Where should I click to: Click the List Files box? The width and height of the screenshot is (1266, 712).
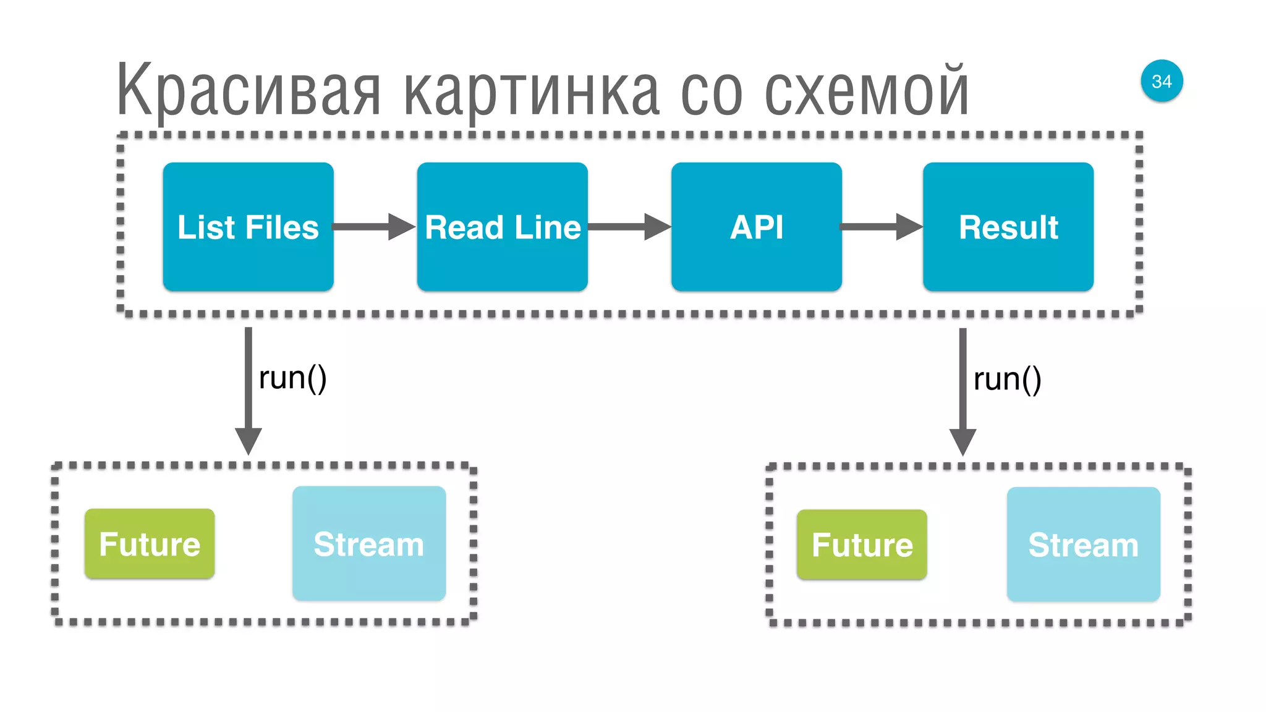tap(248, 227)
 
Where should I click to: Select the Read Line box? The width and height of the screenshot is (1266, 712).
tap(502, 227)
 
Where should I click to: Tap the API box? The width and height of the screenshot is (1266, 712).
tap(756, 227)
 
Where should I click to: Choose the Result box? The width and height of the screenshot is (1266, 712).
tap(1008, 227)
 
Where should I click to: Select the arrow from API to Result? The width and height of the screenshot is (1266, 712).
tap(881, 227)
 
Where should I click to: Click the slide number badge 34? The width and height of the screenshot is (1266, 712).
tap(1162, 81)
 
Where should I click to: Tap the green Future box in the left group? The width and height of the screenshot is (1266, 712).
tap(150, 544)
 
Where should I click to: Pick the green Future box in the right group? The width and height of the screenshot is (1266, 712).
tap(862, 545)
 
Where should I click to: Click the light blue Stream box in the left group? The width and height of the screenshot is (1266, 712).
tap(369, 543)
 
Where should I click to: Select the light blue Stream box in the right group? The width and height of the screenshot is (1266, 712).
tap(1083, 545)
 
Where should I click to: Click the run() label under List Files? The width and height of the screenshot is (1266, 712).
tap(292, 378)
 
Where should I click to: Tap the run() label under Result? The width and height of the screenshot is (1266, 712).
tap(1007, 379)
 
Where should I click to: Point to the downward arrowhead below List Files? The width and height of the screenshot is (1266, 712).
tap(249, 440)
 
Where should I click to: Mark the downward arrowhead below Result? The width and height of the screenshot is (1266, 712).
tap(962, 441)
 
